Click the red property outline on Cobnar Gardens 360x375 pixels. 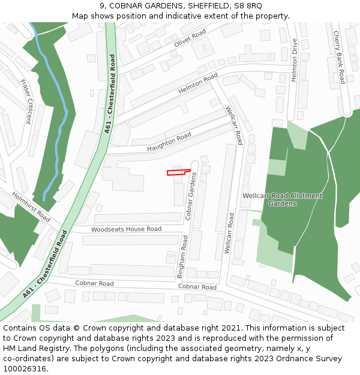click(174, 173)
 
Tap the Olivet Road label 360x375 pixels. click(190, 38)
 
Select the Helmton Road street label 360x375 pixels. click(198, 84)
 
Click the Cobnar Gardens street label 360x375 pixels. click(191, 195)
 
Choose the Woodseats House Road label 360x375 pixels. click(126, 229)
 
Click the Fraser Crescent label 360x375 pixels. click(25, 101)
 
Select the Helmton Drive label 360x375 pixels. click(294, 60)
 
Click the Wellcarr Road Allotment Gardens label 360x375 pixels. click(282, 200)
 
